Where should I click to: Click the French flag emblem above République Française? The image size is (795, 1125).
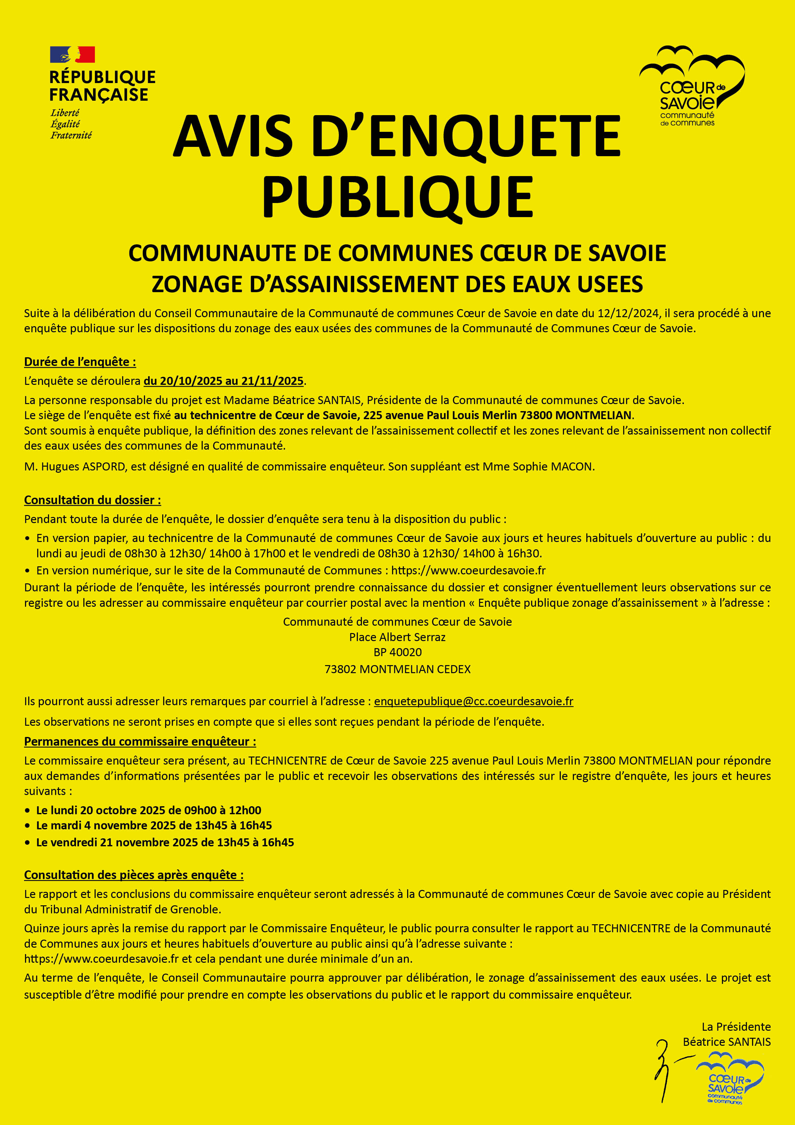72,55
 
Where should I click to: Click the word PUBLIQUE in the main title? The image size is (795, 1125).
398,197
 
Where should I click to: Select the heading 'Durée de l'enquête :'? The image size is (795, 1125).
80,362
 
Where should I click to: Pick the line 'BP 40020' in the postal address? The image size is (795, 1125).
397,652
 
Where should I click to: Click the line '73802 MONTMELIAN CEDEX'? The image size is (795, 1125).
397,669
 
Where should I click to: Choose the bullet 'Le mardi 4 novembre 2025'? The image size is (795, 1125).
154,825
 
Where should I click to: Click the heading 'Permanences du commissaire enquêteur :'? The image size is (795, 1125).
140,741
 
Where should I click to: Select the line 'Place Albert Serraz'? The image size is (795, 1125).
397,637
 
